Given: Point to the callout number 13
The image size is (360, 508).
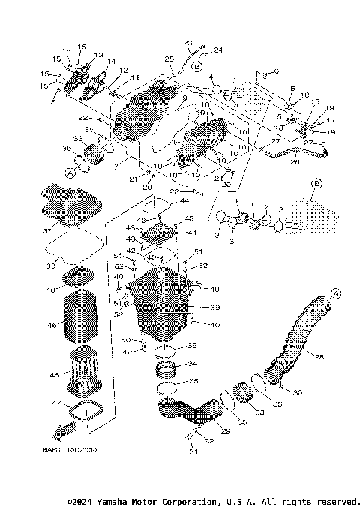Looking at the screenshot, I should [98, 56].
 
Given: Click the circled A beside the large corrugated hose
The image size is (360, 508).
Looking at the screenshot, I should [335, 292].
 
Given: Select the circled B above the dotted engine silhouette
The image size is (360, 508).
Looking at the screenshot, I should [315, 182].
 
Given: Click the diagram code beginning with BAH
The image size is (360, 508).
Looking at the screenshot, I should [75, 449].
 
